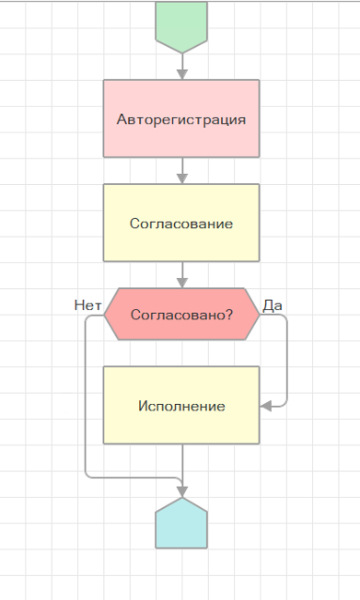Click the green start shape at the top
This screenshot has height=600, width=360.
(x=181, y=26)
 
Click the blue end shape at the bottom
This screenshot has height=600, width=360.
(x=181, y=525)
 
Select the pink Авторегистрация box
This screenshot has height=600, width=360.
(x=181, y=119)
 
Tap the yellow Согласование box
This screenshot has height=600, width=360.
(x=181, y=223)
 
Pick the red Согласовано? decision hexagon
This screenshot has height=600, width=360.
(x=181, y=314)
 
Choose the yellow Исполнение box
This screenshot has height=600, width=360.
(x=181, y=405)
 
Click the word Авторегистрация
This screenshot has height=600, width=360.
(x=181, y=120)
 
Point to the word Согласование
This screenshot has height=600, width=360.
(x=181, y=224)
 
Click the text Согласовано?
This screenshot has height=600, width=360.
(x=181, y=315)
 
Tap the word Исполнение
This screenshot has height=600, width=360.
(x=181, y=406)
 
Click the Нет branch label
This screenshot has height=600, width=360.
(x=87, y=306)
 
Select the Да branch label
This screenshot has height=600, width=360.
(x=273, y=306)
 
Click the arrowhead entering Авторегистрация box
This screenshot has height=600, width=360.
(x=182, y=75)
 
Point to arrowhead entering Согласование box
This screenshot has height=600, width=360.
(x=182, y=179)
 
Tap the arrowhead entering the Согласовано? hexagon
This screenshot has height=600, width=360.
(x=182, y=283)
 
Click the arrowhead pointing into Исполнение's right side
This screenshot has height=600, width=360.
(x=265, y=406)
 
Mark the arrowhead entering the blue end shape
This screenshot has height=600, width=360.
(x=182, y=491)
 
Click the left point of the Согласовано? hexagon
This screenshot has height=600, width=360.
(x=104, y=315)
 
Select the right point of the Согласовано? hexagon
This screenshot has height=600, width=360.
(x=260, y=315)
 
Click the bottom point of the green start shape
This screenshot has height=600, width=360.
(x=182, y=52)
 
